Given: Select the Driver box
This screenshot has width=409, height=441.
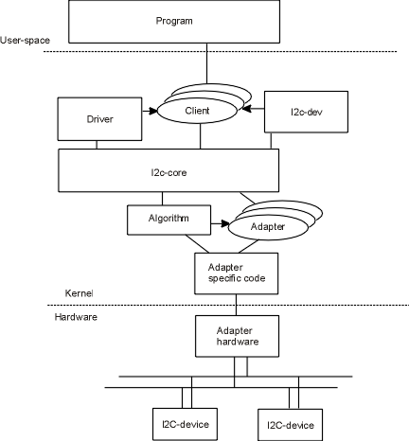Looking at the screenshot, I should point(98,119).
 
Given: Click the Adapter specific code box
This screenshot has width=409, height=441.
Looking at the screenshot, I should point(236,273).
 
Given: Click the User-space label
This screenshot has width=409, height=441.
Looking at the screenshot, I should point(26,40).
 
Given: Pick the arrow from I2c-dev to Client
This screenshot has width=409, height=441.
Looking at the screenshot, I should point(251,110).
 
